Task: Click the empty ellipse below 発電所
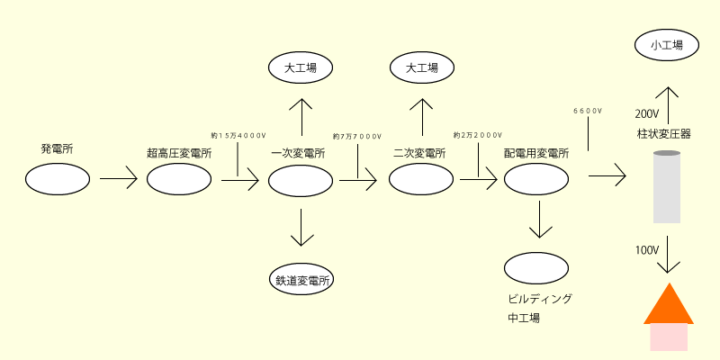point(58,179)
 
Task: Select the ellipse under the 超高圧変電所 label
point(179,179)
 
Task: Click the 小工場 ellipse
point(666,44)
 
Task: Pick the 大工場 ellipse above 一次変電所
point(301,67)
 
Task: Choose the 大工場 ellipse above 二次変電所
point(422,67)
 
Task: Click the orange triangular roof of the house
point(668,306)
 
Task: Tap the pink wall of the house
point(668,337)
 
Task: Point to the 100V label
point(647,248)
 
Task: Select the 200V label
point(647,114)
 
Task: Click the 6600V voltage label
point(588,112)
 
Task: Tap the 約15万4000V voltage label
point(238,135)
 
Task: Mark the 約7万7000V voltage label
point(358,136)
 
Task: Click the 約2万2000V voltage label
point(477,135)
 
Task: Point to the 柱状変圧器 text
point(663,134)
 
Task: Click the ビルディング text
point(540,299)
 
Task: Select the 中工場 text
point(524,318)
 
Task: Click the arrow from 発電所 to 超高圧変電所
point(118,179)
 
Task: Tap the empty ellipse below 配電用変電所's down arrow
point(536,267)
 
